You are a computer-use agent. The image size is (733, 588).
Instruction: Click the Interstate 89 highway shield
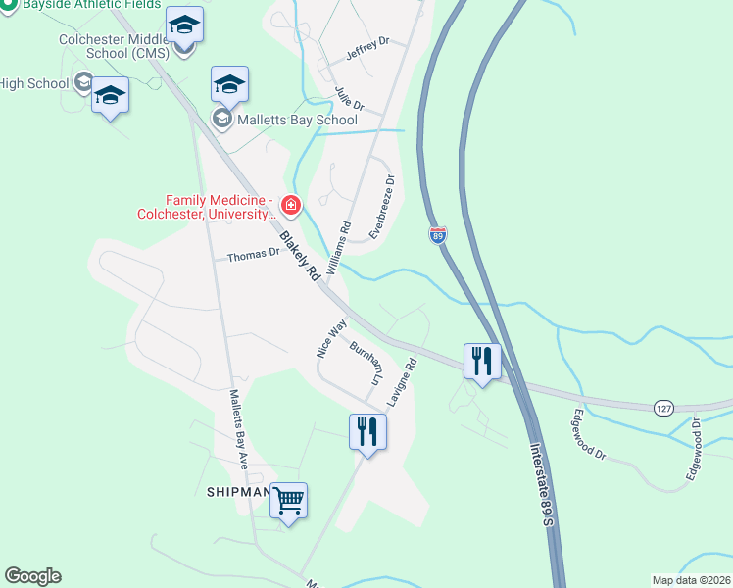point(437,235)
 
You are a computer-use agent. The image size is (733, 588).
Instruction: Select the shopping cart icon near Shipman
point(288,501)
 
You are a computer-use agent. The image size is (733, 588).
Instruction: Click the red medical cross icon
point(290,206)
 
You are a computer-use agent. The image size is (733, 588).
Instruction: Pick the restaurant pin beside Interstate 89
point(481,362)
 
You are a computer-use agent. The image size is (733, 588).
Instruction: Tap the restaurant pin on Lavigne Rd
point(367,431)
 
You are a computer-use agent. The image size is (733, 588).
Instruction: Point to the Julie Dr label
point(349,99)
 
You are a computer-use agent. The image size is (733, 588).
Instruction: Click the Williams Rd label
point(339,246)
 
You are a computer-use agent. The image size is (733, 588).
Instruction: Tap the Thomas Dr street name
point(254,256)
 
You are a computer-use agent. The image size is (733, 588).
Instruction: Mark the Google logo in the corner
point(32,576)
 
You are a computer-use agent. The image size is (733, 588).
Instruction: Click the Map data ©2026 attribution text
point(691,580)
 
